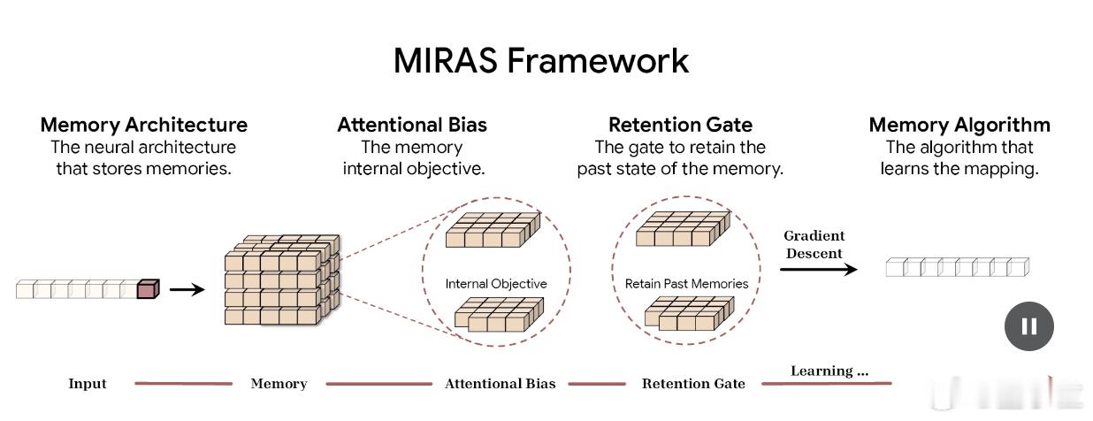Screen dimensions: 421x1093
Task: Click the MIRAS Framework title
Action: point(540,60)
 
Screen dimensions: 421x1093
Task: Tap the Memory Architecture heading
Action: point(144,125)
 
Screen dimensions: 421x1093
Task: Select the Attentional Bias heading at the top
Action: point(412,125)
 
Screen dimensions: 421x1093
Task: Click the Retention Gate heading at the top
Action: point(680,125)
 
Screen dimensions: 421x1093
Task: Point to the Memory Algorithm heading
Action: point(959,125)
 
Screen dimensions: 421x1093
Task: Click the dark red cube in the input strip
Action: point(148,288)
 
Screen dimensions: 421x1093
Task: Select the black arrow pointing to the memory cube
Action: point(187,288)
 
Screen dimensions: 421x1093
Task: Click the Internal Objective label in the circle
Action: point(496,284)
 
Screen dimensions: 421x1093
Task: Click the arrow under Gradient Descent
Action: point(818,269)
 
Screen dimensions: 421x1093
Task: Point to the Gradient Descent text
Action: point(814,244)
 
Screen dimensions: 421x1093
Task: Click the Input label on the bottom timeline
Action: point(88,384)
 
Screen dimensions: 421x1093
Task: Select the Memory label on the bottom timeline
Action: point(279,384)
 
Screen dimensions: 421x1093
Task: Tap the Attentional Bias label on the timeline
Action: point(500,384)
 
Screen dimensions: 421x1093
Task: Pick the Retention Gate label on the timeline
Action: point(693,384)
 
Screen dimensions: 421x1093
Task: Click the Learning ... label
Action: point(829,371)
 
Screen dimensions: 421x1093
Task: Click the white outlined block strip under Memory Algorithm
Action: point(958,266)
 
